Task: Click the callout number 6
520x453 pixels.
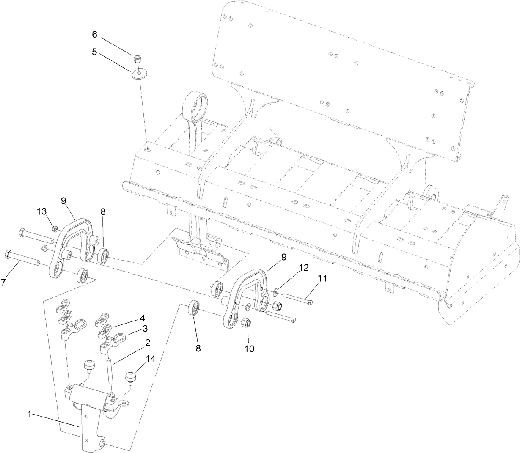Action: [x=95, y=34]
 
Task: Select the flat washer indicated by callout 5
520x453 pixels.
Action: [x=139, y=73]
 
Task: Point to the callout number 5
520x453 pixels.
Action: [x=95, y=52]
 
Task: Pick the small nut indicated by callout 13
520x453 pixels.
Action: [x=55, y=229]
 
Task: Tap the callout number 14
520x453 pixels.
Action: [x=150, y=359]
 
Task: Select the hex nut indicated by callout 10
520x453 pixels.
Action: [x=247, y=324]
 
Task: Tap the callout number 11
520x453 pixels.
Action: [x=323, y=279]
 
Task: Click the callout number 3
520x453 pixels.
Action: [x=145, y=328]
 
